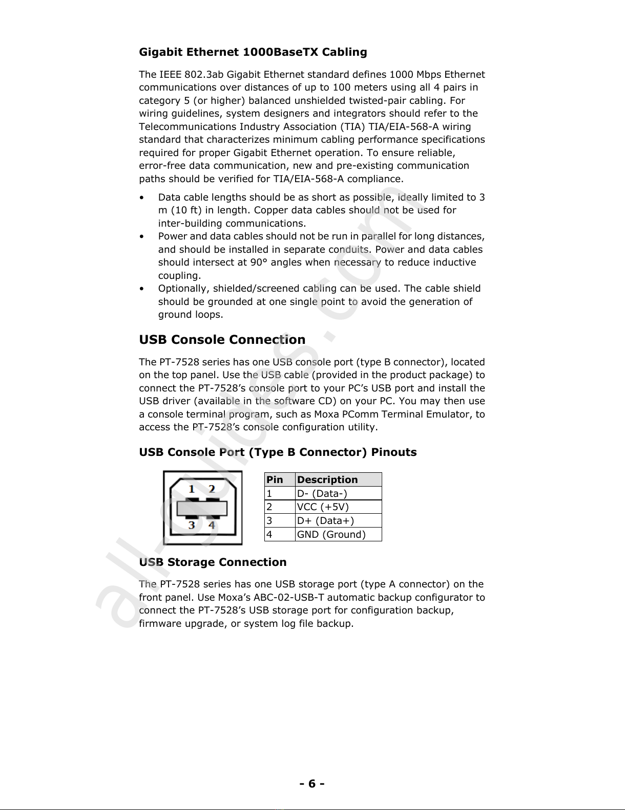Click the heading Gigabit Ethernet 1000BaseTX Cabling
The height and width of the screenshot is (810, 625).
(253, 52)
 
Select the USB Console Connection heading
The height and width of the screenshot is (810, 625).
(222, 340)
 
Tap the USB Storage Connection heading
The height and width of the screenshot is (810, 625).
(213, 562)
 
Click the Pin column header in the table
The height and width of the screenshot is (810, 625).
(275, 480)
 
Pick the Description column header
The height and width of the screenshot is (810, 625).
(327, 480)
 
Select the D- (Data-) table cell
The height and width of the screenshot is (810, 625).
(322, 494)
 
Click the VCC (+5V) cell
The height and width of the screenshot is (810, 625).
(323, 507)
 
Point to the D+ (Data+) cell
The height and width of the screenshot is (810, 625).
(325, 521)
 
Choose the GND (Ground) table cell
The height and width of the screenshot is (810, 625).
(331, 535)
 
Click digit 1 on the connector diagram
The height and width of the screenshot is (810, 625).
(192, 489)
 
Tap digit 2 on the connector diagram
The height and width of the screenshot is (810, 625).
(212, 489)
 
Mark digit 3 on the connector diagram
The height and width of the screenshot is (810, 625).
(192, 525)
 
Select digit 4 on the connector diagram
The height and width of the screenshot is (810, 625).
(212, 525)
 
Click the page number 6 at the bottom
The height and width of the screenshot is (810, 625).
(312, 783)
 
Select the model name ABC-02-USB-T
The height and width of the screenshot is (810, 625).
(289, 598)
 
